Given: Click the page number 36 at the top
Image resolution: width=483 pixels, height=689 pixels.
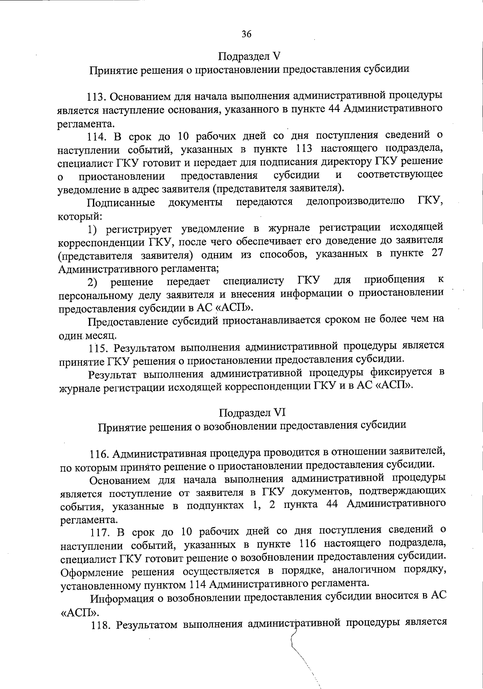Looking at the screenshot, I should [x=246, y=34].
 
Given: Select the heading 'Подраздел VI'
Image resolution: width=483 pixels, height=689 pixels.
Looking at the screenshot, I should [x=252, y=412].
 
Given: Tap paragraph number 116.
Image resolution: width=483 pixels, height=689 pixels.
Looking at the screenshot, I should [x=99, y=453].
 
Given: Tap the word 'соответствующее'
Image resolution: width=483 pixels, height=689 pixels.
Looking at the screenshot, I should [x=400, y=174].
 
